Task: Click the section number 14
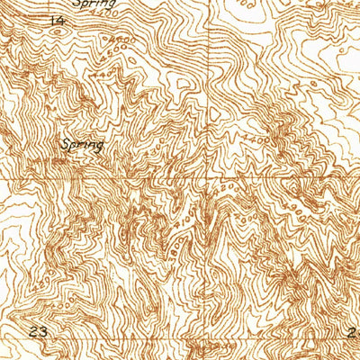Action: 58,19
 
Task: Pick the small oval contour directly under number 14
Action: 58,33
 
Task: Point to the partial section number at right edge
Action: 354,332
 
